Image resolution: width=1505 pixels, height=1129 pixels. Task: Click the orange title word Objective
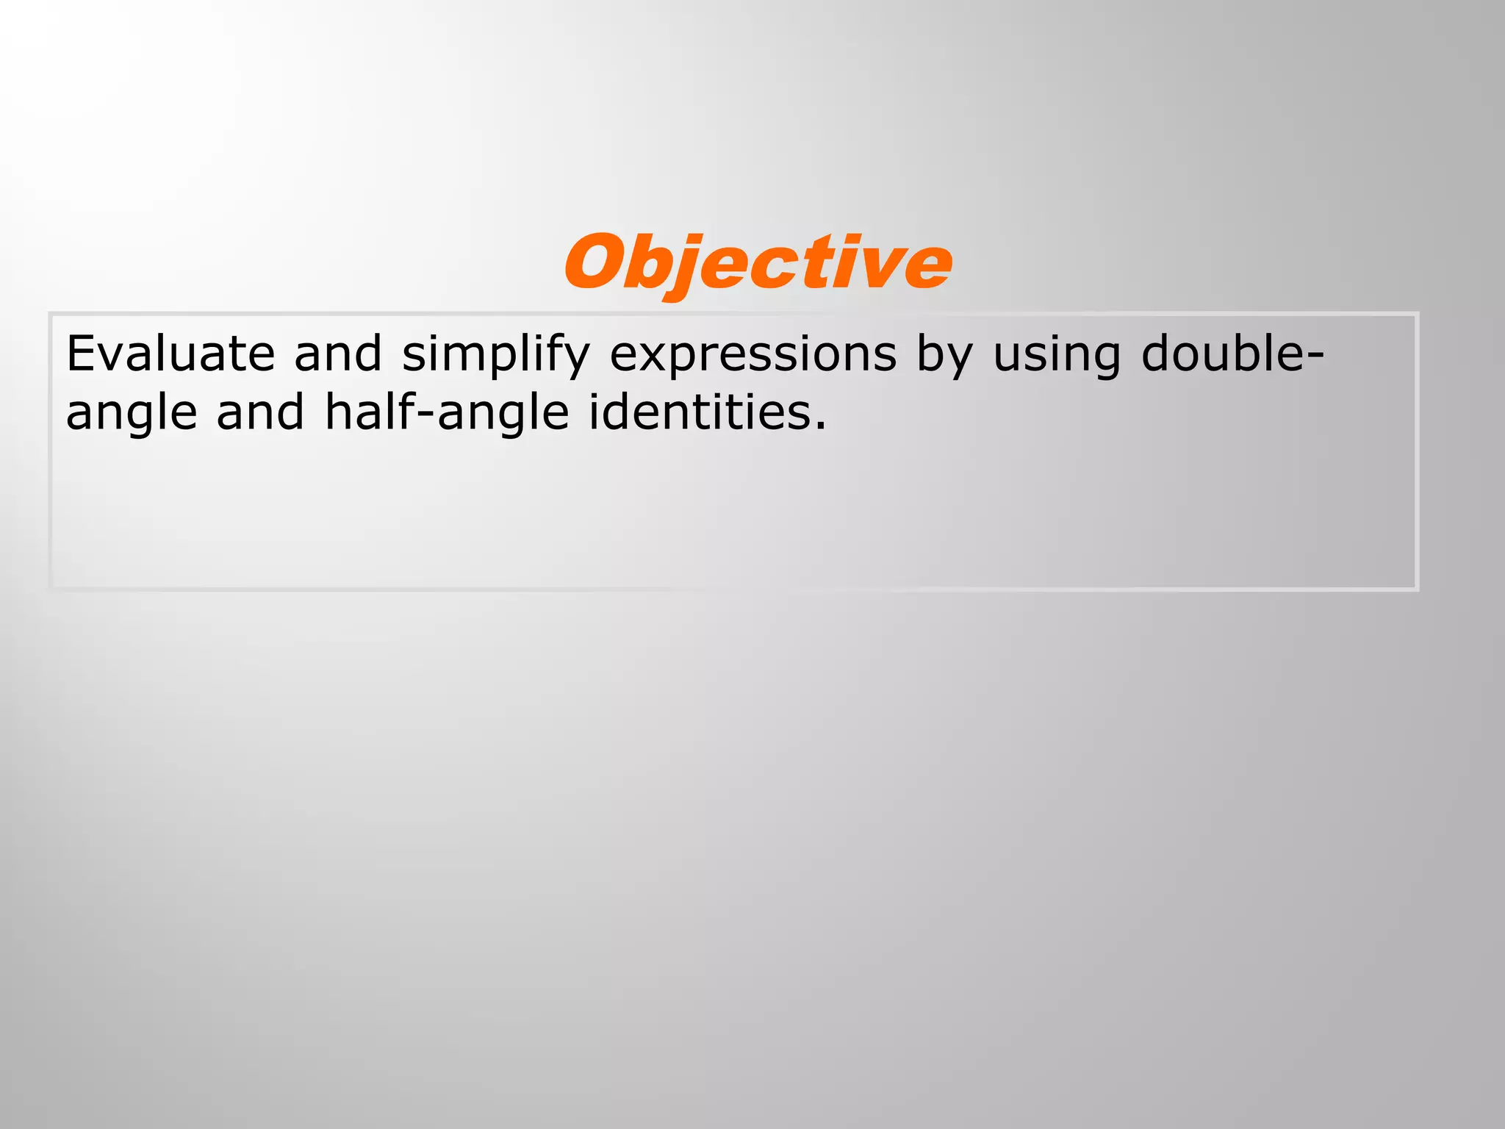tap(758, 263)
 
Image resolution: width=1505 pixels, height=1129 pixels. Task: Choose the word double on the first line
tap(1224, 354)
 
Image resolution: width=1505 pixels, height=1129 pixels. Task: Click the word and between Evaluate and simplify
tap(338, 354)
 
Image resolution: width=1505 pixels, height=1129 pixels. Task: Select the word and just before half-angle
tap(260, 412)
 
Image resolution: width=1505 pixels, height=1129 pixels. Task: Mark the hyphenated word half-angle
tap(447, 413)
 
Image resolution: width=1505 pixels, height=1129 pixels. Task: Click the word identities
tap(698, 412)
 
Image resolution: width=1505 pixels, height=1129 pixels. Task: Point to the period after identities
tap(820, 426)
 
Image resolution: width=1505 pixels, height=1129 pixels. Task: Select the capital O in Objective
tap(595, 263)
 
